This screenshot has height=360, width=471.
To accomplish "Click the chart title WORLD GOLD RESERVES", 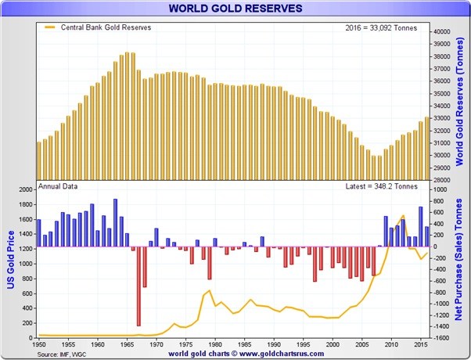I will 235,9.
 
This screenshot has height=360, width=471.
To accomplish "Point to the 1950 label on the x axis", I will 38,344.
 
